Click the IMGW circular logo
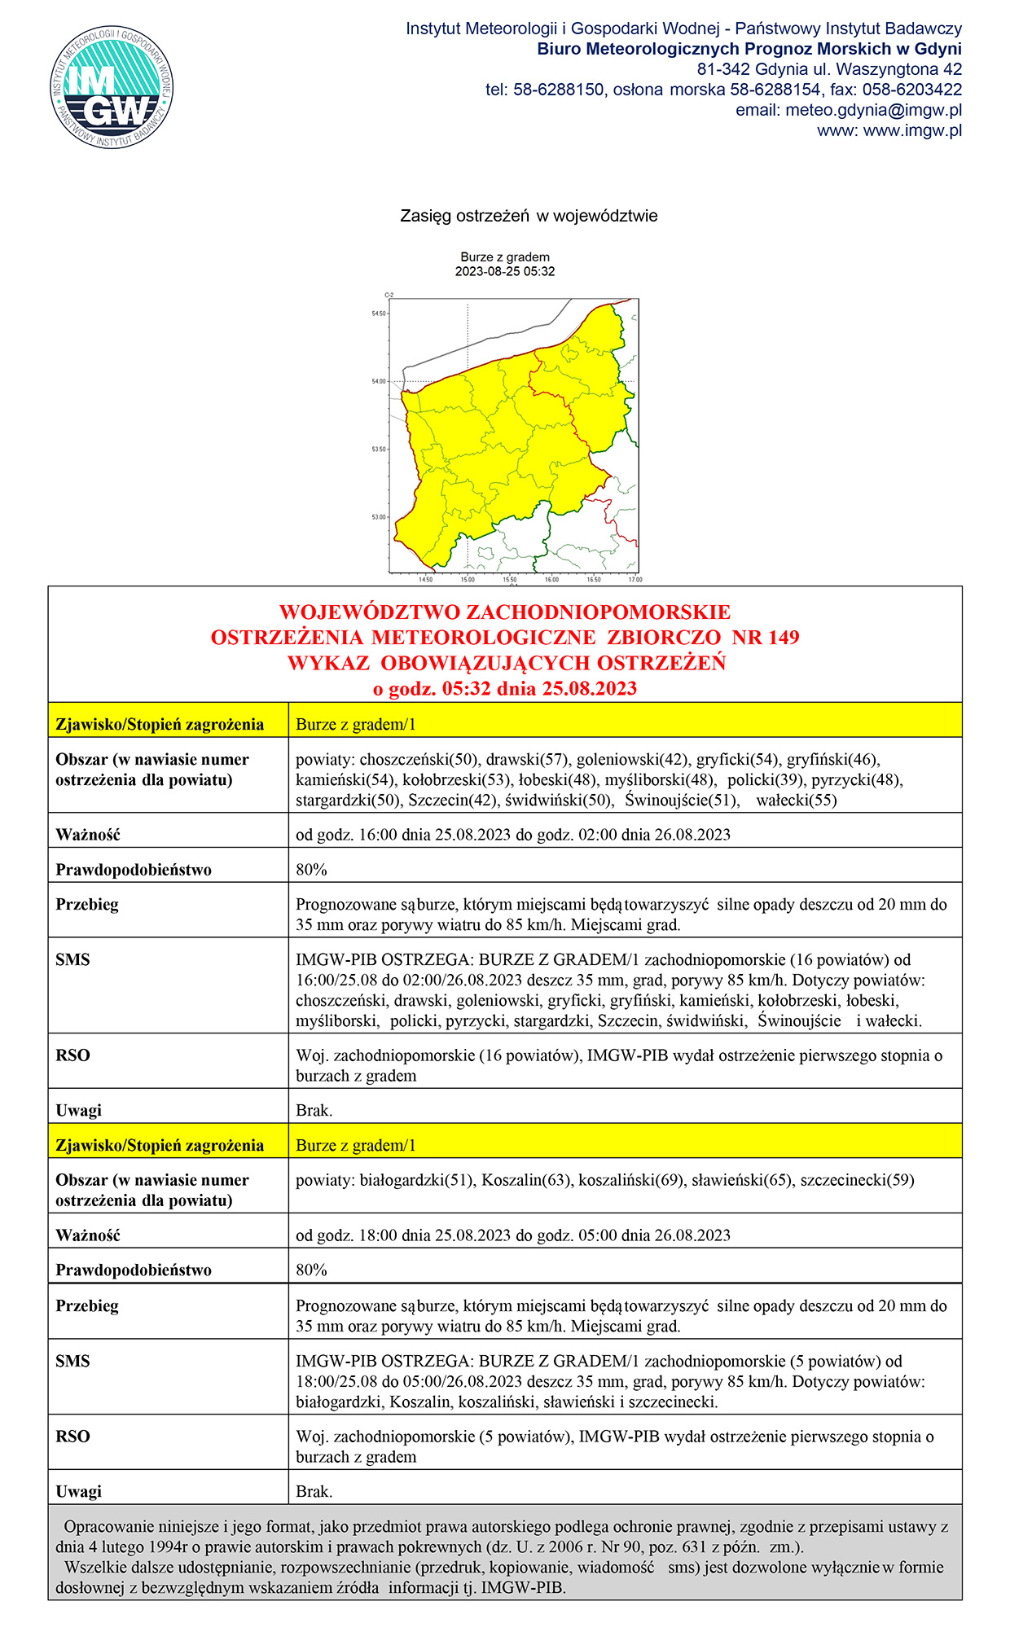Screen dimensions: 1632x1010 click(112, 87)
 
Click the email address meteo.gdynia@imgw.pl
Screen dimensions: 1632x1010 click(873, 110)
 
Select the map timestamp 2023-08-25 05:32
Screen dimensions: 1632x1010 click(505, 272)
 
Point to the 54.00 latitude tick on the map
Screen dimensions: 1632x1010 click(379, 381)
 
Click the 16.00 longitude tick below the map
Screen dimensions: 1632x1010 click(551, 580)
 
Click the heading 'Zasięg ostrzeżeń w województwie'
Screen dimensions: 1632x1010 click(529, 216)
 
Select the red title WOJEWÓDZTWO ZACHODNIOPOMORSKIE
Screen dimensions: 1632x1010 click(505, 612)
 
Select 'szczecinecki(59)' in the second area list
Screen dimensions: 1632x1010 click(857, 1180)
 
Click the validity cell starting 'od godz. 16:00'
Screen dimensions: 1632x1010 click(513, 835)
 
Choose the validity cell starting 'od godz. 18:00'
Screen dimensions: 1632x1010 click(513, 1235)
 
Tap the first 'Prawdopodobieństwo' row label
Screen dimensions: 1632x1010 click(134, 870)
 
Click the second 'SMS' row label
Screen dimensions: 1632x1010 click(72, 1361)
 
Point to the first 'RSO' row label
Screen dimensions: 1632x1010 click(72, 1055)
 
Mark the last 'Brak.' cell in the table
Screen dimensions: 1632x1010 click(314, 1492)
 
